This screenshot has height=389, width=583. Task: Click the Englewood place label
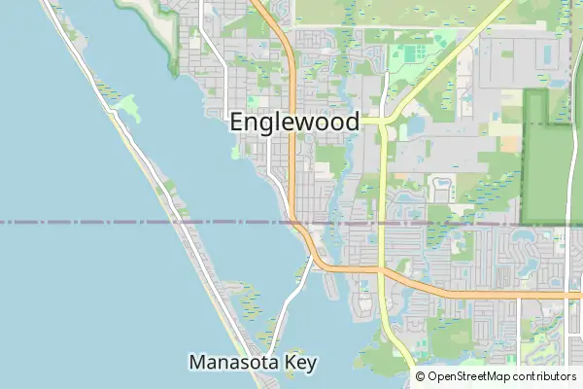pyautogui.click(x=294, y=123)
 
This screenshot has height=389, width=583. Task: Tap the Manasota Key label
pyautogui.click(x=253, y=363)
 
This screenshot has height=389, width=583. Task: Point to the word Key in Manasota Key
pyautogui.click(x=302, y=363)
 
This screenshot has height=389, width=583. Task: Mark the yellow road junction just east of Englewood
pyautogui.click(x=384, y=123)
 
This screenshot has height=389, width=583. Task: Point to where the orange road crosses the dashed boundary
pyautogui.click(x=293, y=223)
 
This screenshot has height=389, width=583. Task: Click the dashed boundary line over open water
pyautogui.click(x=78, y=223)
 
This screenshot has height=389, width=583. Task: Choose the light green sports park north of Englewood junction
pyautogui.click(x=413, y=53)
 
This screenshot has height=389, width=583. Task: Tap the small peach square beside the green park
pyautogui.click(x=510, y=143)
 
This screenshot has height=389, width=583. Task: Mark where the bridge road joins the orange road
pyautogui.click(x=312, y=258)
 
